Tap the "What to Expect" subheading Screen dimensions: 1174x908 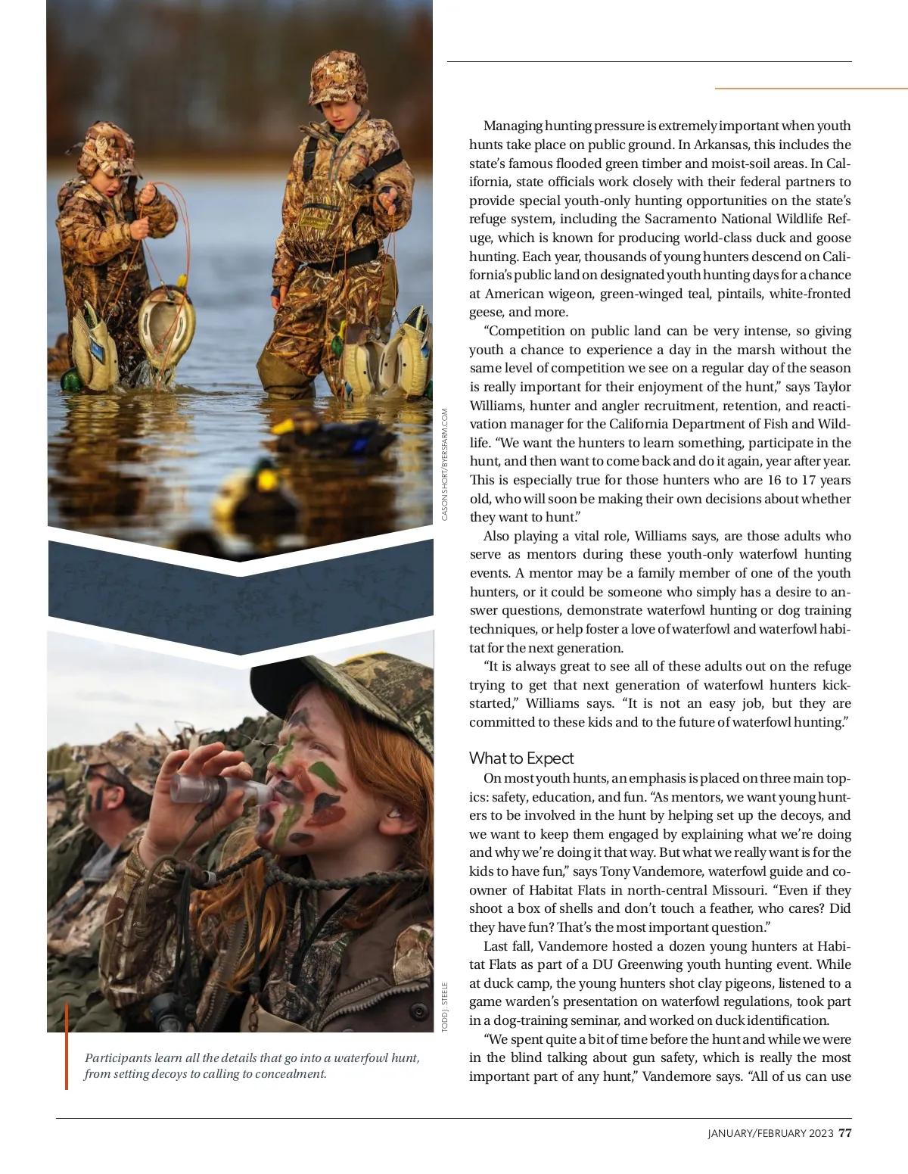point(521,758)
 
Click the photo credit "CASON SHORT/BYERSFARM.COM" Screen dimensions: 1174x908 point(445,464)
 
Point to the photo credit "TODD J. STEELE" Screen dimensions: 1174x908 point(445,1007)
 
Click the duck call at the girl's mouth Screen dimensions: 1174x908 point(219,789)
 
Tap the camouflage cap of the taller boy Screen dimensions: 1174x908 point(339,78)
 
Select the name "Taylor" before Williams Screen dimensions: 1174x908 point(832,387)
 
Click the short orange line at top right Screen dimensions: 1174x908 point(810,89)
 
